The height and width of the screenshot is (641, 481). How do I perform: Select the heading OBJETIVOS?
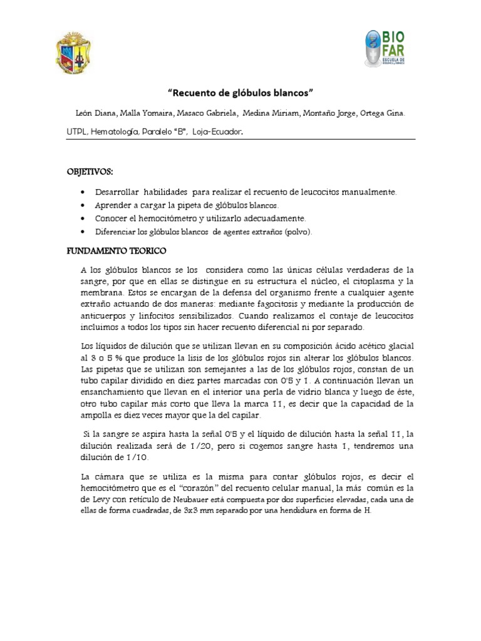[90, 172]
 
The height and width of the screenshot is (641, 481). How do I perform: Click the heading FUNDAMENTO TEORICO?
[116, 250]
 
